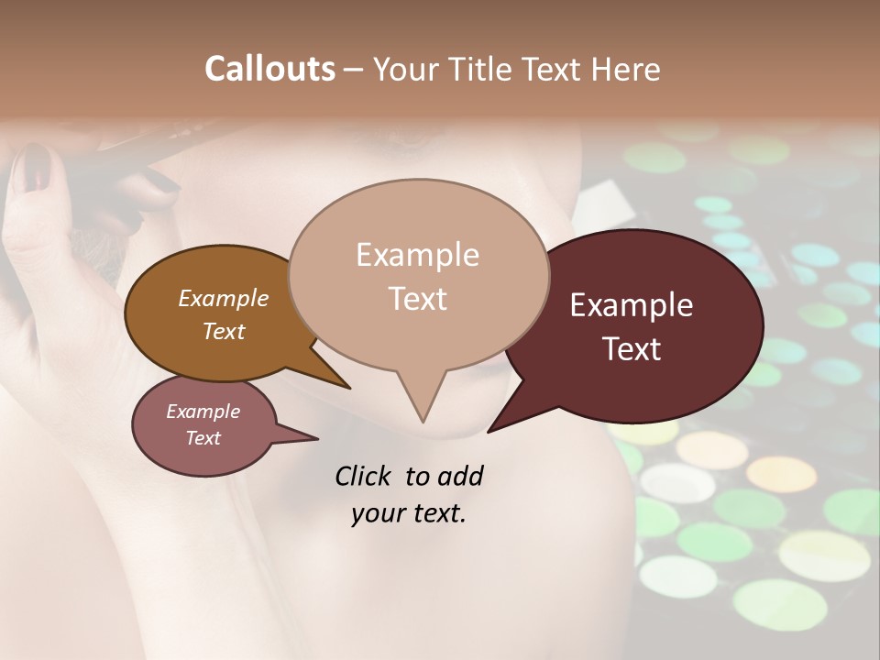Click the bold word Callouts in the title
pyautogui.click(x=269, y=69)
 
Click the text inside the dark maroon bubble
pyautogui.click(x=632, y=327)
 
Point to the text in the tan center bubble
pyautogui.click(x=417, y=276)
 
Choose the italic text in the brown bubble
pyautogui.click(x=224, y=314)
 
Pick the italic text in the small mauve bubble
pyautogui.click(x=203, y=424)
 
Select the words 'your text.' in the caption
pyautogui.click(x=409, y=513)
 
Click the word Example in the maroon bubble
pyautogui.click(x=632, y=305)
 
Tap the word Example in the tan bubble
pyautogui.click(x=417, y=254)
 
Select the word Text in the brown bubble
pyautogui.click(x=224, y=331)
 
